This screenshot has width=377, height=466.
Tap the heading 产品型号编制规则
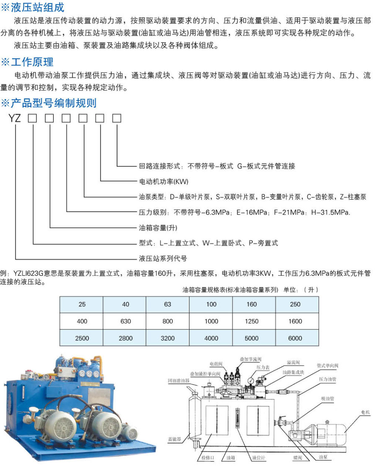coord(53,103)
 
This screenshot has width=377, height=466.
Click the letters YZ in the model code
coord(15,119)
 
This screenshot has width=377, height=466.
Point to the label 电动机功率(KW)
coord(164,181)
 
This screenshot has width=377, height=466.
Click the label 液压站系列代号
coord(163,258)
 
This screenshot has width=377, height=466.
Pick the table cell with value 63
coord(168,305)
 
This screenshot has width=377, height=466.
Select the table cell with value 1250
coord(252,321)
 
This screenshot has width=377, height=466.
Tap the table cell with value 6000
coord(295,338)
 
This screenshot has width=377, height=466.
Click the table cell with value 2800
coord(125,338)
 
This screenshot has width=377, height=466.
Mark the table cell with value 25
coord(82,305)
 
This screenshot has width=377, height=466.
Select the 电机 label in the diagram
coord(365,412)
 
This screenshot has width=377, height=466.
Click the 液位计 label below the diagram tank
coord(257,458)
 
